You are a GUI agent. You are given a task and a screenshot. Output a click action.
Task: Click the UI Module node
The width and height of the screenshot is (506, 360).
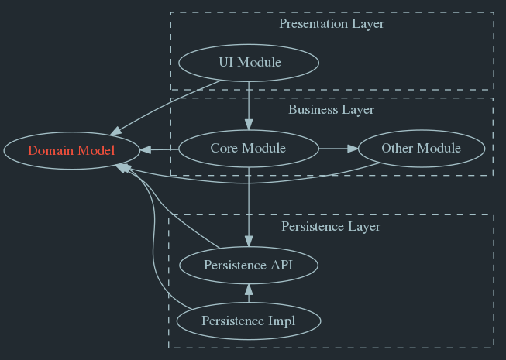249,63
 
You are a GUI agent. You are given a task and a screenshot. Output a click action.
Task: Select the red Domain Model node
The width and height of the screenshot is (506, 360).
71,150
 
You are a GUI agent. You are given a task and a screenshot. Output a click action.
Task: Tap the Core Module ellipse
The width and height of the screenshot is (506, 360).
248,149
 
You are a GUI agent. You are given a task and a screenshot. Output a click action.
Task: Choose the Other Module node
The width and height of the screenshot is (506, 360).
422,149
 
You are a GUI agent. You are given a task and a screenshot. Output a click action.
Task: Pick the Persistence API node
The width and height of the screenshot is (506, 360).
249,266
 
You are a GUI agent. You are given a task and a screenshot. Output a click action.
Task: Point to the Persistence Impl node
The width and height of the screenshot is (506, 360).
248,321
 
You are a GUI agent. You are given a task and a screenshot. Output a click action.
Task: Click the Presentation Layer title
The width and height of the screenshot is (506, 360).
331,24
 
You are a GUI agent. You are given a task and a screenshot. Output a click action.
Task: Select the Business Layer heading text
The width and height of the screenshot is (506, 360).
331,110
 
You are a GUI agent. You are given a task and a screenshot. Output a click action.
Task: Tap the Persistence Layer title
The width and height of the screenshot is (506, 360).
331,227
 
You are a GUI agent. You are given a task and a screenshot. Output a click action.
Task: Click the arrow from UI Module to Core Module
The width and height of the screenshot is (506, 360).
249,105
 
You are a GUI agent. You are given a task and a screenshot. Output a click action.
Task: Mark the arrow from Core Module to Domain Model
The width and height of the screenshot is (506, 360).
159,149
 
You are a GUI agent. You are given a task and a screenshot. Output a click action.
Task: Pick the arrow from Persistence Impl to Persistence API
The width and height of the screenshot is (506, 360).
249,293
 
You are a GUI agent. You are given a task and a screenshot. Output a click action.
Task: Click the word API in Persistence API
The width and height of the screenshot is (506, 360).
282,266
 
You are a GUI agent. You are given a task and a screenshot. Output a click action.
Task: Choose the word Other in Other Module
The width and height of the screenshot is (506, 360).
398,149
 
